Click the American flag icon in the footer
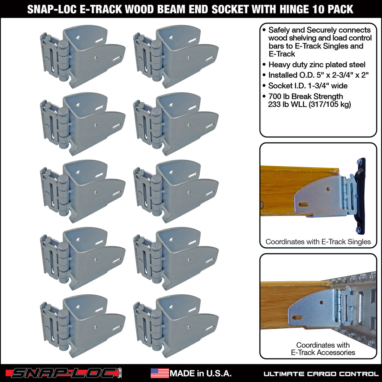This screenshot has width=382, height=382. coord(160,373)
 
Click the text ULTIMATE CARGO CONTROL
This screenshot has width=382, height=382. coord(321,373)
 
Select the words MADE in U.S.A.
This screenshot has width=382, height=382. coord(201,373)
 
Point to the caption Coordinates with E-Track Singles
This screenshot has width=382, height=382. coord(318,242)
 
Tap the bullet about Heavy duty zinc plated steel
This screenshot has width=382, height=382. coord(316,65)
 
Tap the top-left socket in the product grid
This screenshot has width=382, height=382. coord(83,56)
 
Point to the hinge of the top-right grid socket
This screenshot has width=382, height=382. coord(157,56)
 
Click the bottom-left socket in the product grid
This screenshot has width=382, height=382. coord(83,325)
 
